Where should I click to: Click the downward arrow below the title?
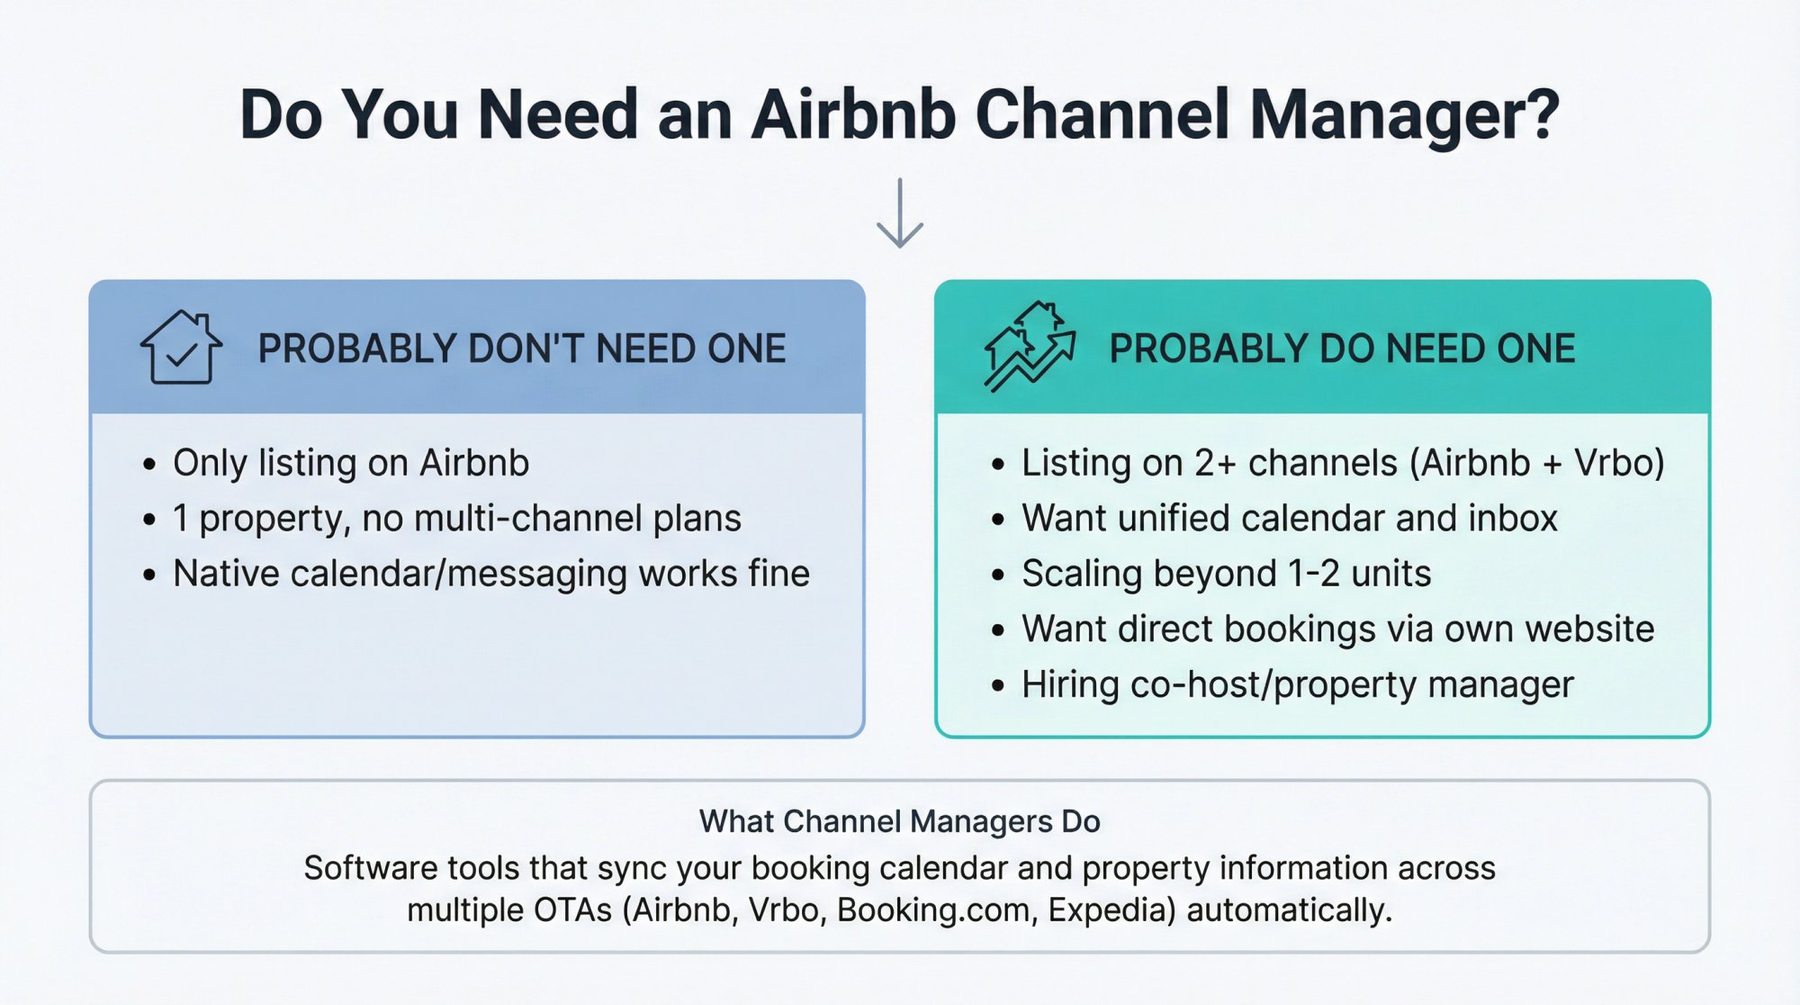pyautogui.click(x=899, y=214)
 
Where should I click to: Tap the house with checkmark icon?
pyautogui.click(x=181, y=348)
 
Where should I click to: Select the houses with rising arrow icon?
pyautogui.click(x=1030, y=347)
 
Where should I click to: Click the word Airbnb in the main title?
pyautogui.click(x=852, y=114)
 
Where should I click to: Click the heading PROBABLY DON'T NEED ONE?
pyautogui.click(x=522, y=349)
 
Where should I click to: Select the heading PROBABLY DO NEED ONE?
pyautogui.click(x=1342, y=349)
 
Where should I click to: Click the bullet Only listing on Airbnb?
pyautogui.click(x=351, y=463)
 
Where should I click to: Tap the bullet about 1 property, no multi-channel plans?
pyautogui.click(x=456, y=519)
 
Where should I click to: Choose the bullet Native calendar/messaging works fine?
pyautogui.click(x=490, y=574)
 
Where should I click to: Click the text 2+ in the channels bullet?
pyautogui.click(x=1215, y=463)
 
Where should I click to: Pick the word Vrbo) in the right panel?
pyautogui.click(x=1619, y=463)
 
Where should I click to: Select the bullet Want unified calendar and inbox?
pyautogui.click(x=1289, y=519)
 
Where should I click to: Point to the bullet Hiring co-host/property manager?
pyautogui.click(x=1297, y=684)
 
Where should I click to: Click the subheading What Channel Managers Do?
pyautogui.click(x=899, y=821)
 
